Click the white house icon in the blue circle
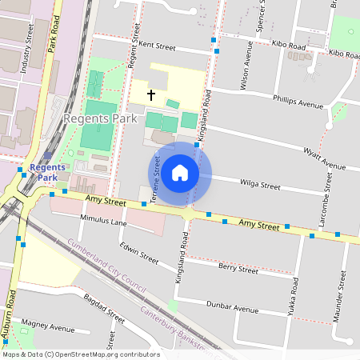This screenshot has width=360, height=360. click(x=180, y=172)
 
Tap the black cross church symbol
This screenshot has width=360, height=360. click(x=150, y=95)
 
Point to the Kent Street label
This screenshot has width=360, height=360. click(x=157, y=46)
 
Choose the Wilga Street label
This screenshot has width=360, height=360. click(x=260, y=185)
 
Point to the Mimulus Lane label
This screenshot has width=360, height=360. click(x=103, y=219)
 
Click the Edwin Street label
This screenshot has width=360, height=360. click(x=138, y=251)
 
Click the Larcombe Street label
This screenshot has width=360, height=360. click(x=325, y=206)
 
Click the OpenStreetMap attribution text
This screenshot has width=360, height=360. click(x=80, y=354)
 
